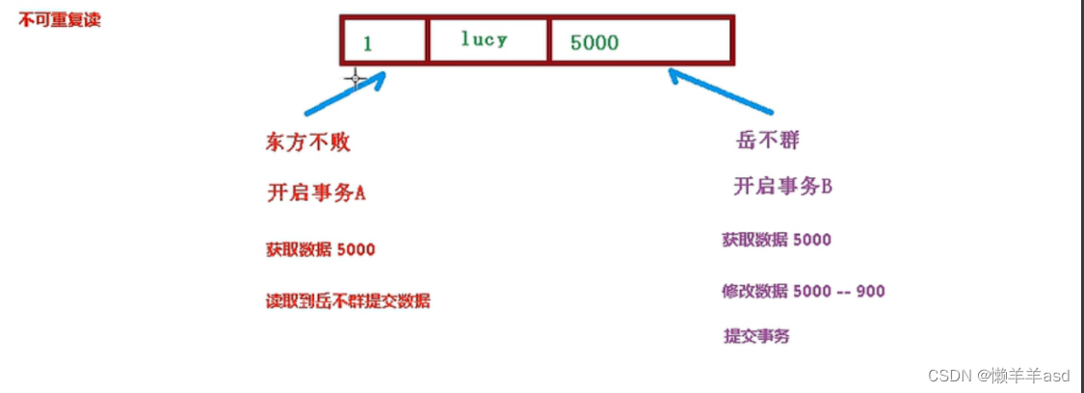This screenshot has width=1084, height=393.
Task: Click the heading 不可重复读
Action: point(59,20)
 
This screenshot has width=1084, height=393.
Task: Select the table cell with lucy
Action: point(488,40)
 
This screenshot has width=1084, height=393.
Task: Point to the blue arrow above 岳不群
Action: point(721,92)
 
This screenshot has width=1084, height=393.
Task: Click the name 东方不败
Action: point(307,143)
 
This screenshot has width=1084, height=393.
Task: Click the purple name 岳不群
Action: point(766,141)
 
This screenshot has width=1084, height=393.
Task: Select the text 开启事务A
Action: point(315,193)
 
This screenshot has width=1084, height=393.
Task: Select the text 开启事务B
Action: point(781,187)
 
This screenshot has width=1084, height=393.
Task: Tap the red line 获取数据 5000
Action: point(320,249)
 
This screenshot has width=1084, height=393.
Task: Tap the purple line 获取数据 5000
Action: point(776,240)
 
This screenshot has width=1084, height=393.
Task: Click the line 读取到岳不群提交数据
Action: point(348,301)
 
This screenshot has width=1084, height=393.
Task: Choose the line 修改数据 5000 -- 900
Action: point(803,291)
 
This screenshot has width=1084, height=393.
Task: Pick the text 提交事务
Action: point(756,336)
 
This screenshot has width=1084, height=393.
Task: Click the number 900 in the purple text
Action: point(870,291)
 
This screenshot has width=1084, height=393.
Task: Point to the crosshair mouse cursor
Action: point(355,79)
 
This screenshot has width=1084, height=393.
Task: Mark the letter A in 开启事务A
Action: point(359,193)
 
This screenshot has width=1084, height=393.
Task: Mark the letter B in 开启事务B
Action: point(825,187)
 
